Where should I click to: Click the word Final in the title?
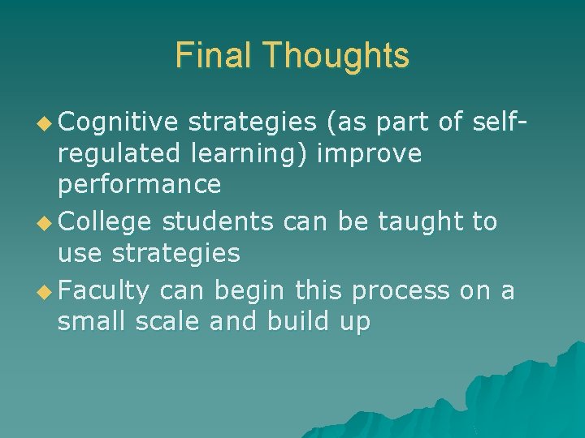tap(214, 55)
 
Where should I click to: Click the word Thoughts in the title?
tap(336, 55)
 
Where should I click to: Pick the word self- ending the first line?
tap(492, 122)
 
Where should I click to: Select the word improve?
tap(370, 154)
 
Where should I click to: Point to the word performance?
tap(139, 185)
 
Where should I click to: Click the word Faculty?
tap(104, 290)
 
